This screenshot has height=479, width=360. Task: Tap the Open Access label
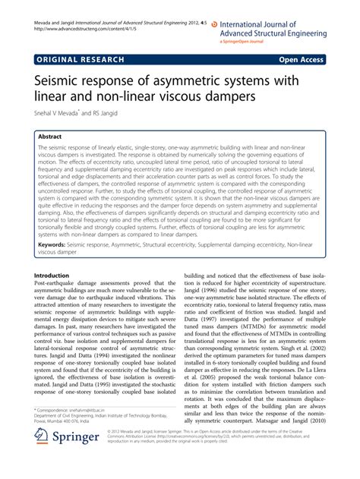coord(304,58)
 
